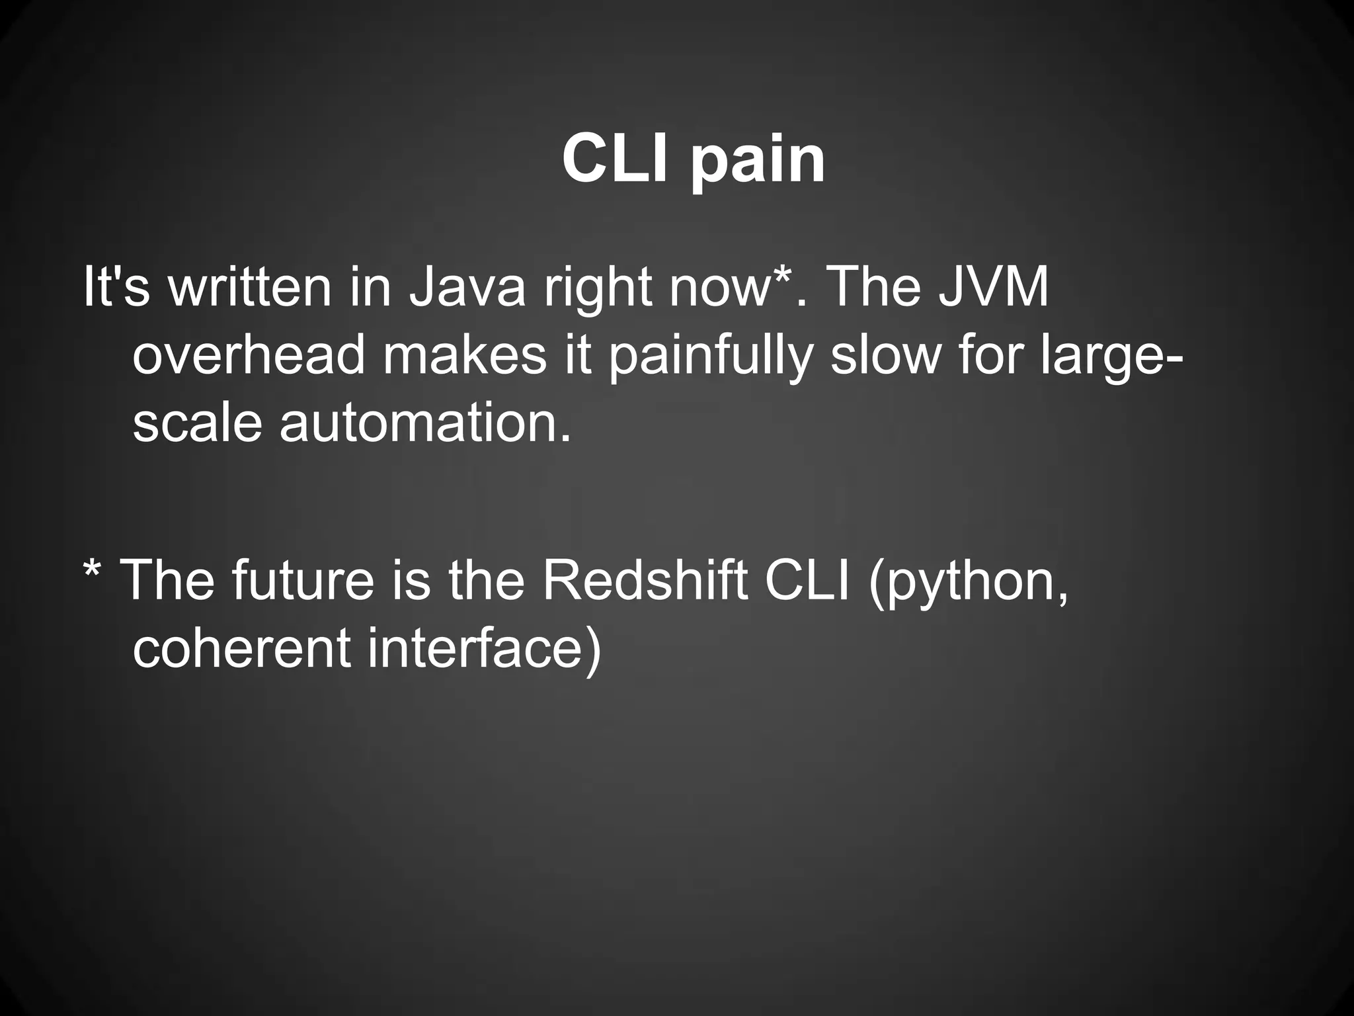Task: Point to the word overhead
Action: pos(249,355)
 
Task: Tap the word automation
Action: pos(424,423)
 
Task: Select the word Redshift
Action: pos(645,580)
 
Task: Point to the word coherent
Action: pos(241,648)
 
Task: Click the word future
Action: pos(303,580)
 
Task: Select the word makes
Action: pos(465,355)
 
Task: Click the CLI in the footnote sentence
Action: pos(807,580)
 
